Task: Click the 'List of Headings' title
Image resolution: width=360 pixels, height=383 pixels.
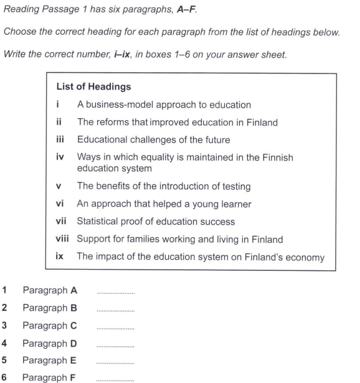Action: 93,87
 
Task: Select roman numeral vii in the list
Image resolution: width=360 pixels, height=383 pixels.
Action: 60,221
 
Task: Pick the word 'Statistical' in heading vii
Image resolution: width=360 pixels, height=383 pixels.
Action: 98,221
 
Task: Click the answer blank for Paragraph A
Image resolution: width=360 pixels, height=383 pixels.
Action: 116,292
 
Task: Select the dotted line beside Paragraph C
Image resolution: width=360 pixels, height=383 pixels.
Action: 116,327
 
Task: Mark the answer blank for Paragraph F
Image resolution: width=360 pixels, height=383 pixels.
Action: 116,379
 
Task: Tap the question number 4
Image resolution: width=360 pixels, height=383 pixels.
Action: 4,343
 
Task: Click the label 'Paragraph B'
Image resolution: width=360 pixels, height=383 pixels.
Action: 50,308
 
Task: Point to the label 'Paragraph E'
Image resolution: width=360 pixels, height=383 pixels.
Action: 50,360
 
